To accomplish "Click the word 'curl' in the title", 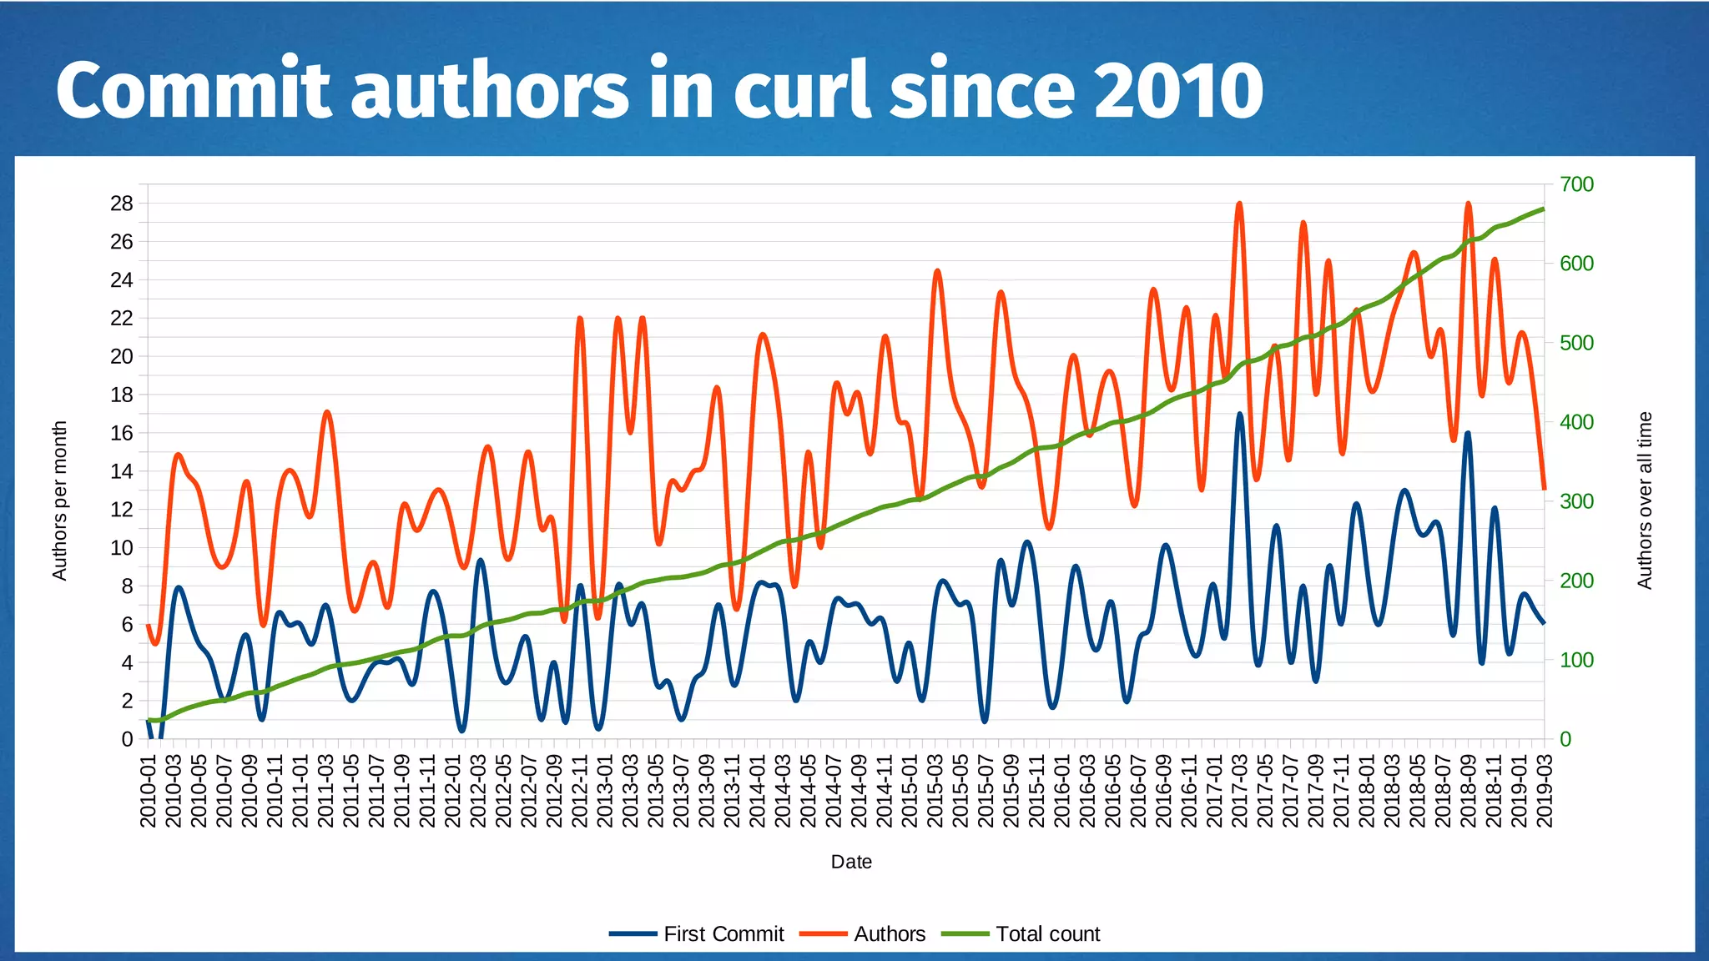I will coord(802,89).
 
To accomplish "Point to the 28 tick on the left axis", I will coord(122,204).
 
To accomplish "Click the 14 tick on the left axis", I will coord(122,471).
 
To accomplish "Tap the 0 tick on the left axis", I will coord(127,739).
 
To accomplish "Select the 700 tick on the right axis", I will coord(1576,184).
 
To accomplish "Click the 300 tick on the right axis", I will coord(1576,501).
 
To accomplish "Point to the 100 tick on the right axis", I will coord(1576,660).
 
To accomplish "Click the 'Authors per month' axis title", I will coord(59,501).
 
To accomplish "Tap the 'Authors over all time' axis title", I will coord(1644,501).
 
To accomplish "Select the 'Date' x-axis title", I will coord(851,862).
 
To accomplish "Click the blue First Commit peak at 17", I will coord(1240,414).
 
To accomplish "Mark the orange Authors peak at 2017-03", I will coord(1239,204).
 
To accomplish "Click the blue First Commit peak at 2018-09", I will coord(1468,433).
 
